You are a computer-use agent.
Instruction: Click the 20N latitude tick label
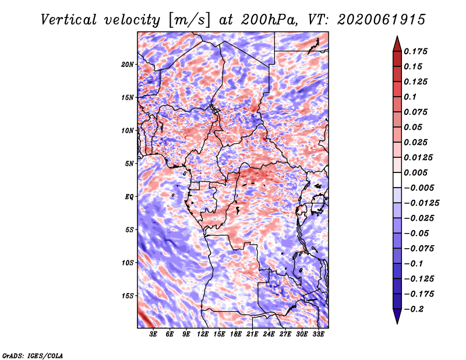coord(128,64)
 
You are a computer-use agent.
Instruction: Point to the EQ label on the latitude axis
coord(129,197)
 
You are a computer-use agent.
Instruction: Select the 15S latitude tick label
coord(128,296)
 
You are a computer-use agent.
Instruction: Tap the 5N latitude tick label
coord(129,164)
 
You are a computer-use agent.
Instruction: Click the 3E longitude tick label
coord(153,334)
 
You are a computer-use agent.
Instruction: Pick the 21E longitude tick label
coord(252,334)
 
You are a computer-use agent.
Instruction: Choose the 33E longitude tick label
coord(318,334)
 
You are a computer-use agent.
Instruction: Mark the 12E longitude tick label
coord(203,334)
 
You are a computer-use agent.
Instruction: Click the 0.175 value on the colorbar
coord(416,51)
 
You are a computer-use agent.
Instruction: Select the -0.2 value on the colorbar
coord(414,309)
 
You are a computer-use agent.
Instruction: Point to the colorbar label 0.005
coord(416,172)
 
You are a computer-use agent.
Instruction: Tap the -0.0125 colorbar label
coord(421,203)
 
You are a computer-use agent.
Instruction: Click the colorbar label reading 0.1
coord(410,97)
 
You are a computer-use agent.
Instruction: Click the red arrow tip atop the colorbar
coord(397,36)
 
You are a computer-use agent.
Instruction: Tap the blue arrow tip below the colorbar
coord(397,323)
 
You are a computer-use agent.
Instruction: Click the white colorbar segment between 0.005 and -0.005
coord(397,180)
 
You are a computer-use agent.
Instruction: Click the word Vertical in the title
coord(69,20)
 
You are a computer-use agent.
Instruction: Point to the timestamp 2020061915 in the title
coord(381,20)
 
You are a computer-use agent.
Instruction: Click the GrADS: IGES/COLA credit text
coord(33,355)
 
